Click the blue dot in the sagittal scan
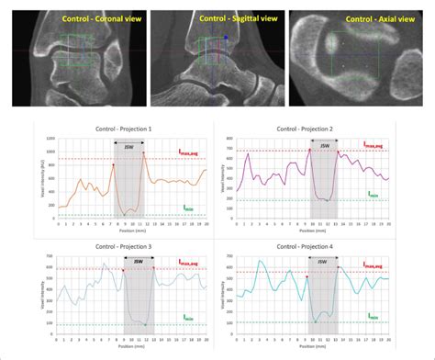coord(225,39)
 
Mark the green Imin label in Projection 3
coord(189,317)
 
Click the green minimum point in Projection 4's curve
coord(317,322)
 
